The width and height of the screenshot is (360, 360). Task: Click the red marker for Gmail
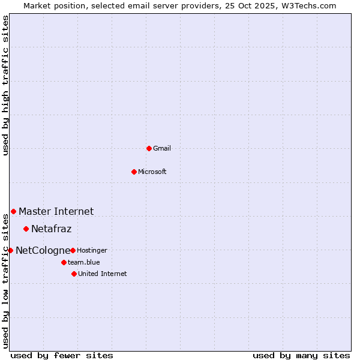[x=149, y=148]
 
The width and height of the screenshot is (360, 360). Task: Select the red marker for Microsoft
[x=134, y=172]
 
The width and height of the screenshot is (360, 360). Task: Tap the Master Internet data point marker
[x=13, y=211]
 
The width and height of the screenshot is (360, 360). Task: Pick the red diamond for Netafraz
[x=26, y=229]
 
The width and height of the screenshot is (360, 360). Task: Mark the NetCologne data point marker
[x=10, y=250]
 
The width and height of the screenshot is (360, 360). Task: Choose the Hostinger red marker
[x=73, y=250]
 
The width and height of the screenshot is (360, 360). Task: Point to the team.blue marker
[x=64, y=262]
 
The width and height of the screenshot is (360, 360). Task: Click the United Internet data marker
[x=74, y=274]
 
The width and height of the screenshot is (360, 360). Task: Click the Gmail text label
[x=162, y=148]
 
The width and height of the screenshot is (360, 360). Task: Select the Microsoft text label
[x=152, y=172]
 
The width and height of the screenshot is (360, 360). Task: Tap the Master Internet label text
[x=56, y=211]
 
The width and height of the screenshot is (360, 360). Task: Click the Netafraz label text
[x=51, y=229]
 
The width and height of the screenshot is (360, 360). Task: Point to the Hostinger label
[x=92, y=250]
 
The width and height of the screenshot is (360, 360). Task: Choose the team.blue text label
[x=84, y=262]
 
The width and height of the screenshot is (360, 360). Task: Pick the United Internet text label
[x=103, y=274]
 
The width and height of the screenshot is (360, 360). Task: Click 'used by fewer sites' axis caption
[x=62, y=355]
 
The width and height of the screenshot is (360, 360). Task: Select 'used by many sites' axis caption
[x=301, y=355]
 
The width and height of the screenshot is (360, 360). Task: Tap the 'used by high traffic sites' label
[x=5, y=85]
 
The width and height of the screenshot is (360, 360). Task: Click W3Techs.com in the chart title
[x=307, y=5]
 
